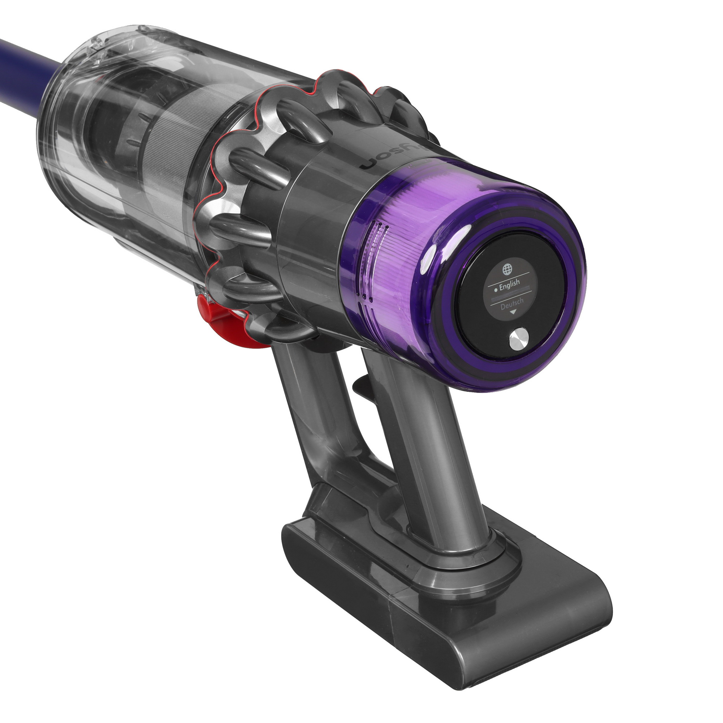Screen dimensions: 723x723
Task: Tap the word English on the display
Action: (509, 284)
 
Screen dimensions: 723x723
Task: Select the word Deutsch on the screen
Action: (512, 304)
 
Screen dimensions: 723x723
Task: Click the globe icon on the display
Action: (507, 269)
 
